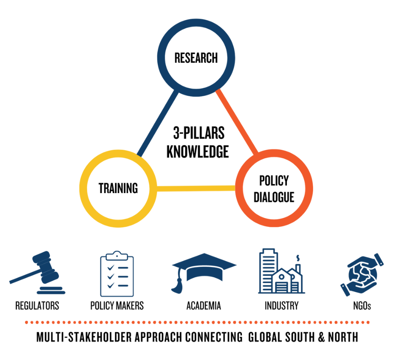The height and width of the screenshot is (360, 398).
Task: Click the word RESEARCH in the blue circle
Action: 196,58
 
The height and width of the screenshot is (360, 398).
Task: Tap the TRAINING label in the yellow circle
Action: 118,188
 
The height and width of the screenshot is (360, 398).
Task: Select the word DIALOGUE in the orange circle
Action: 274,196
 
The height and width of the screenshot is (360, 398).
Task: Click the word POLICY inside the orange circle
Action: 274,181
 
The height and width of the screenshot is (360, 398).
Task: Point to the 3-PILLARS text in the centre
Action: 199,133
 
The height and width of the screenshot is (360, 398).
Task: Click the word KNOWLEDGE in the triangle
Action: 198,151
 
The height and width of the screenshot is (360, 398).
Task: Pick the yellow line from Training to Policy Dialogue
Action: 196,189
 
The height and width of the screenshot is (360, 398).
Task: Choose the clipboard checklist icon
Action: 117,273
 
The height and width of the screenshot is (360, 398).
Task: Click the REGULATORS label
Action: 37,306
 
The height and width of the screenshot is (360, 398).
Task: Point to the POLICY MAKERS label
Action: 117,306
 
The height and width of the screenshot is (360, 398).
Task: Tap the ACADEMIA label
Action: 204,306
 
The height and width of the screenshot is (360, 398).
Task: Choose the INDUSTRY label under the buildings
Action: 281,306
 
